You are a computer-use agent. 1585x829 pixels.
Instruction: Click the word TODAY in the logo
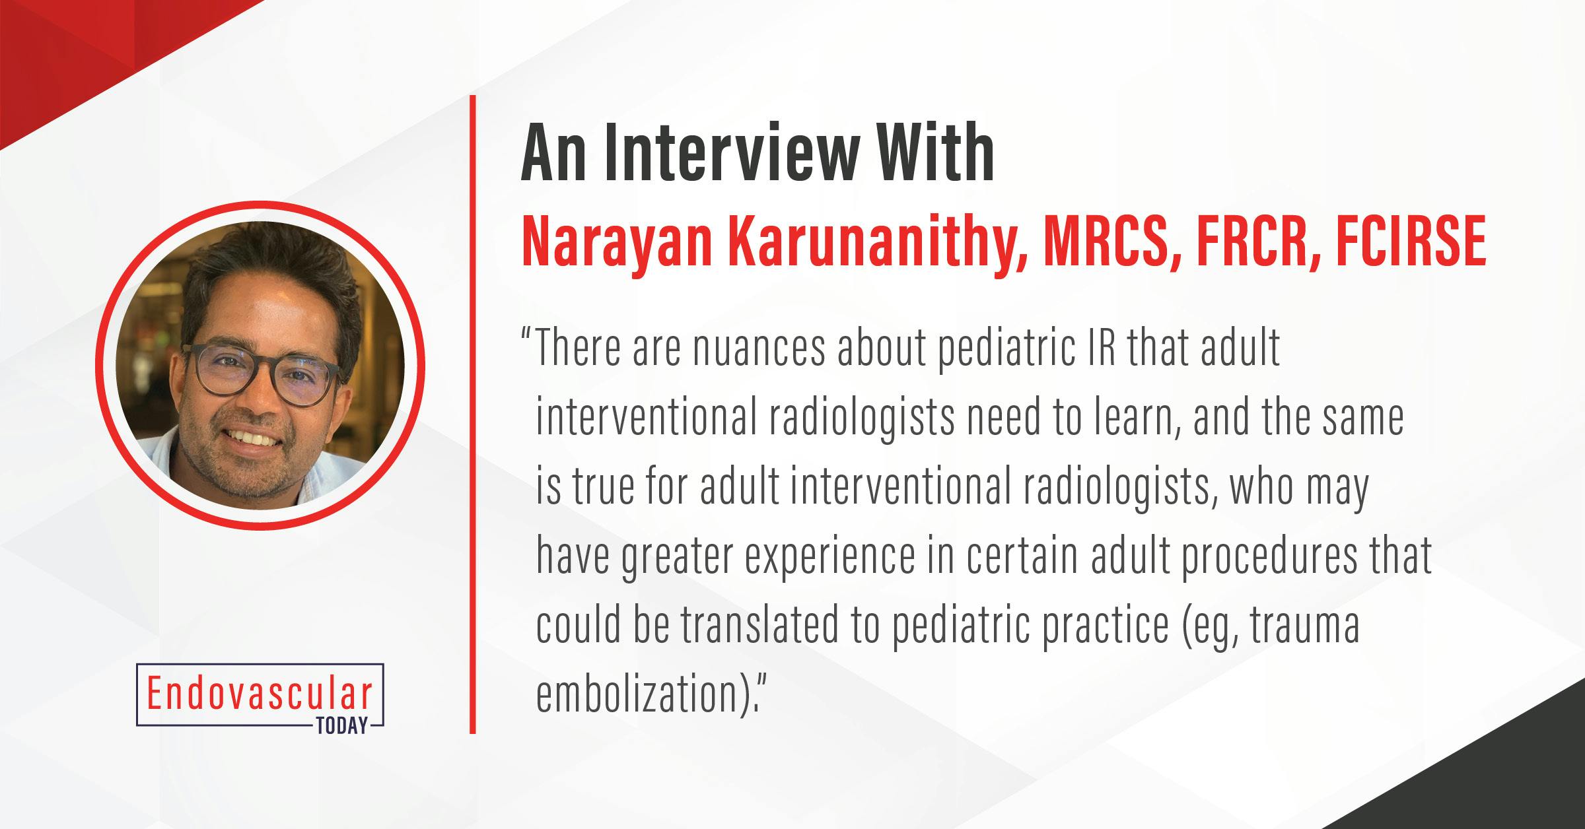click(x=341, y=726)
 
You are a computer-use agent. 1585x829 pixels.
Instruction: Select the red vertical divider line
click(x=473, y=414)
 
